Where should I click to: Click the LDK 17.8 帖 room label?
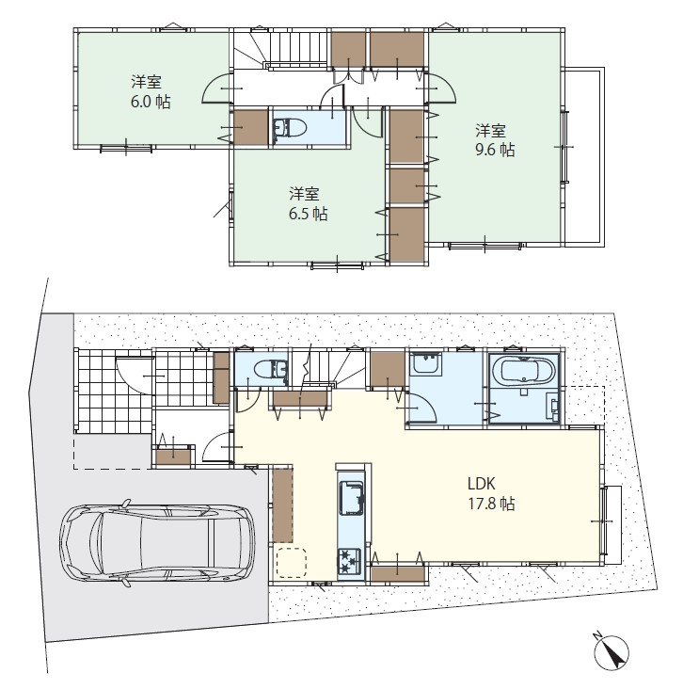(491, 493)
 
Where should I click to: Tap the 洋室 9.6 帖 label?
(495, 140)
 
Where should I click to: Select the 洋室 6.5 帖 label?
(308, 204)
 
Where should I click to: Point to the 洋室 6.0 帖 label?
(151, 92)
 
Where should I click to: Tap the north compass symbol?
(612, 652)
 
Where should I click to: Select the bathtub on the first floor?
(523, 371)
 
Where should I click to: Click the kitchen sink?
(352, 498)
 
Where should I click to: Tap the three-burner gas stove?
(349, 561)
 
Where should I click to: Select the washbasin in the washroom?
(425, 364)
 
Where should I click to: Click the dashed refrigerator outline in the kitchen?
(292, 562)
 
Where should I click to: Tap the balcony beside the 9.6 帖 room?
(583, 156)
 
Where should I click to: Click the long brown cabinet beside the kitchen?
(282, 505)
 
